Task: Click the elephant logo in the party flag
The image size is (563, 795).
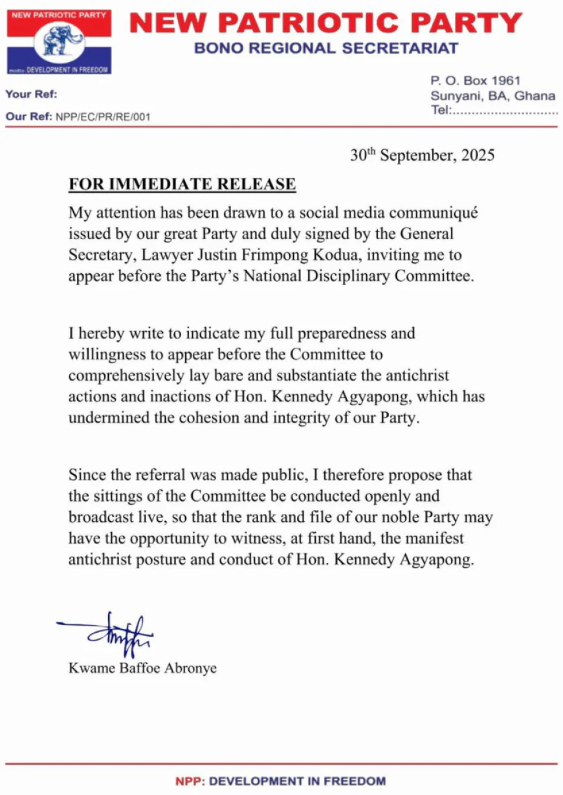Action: tap(63, 41)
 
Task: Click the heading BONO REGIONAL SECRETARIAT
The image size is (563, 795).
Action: tap(326, 48)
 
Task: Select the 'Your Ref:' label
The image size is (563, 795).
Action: tap(31, 94)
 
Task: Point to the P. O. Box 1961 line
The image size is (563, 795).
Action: tap(476, 81)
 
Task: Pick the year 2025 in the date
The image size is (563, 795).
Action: tap(476, 156)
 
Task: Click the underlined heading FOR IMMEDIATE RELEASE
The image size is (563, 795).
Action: tap(182, 185)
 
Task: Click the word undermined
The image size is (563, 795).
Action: tap(107, 418)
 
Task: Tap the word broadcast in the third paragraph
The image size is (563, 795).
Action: tap(98, 518)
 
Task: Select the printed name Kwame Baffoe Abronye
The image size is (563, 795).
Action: tap(142, 668)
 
